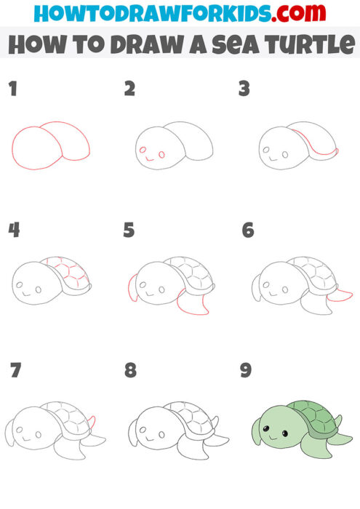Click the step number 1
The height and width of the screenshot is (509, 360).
(x=12, y=89)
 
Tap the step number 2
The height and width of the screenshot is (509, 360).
(x=130, y=89)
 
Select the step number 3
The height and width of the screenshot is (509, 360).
(x=244, y=89)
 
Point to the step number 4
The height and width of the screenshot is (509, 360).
(x=14, y=231)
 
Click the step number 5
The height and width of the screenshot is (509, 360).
(x=129, y=231)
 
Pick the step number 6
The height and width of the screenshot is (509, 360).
(x=247, y=231)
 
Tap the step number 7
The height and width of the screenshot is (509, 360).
(x=15, y=371)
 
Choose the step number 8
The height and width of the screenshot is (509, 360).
(x=130, y=371)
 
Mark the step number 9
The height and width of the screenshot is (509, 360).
(x=246, y=371)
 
